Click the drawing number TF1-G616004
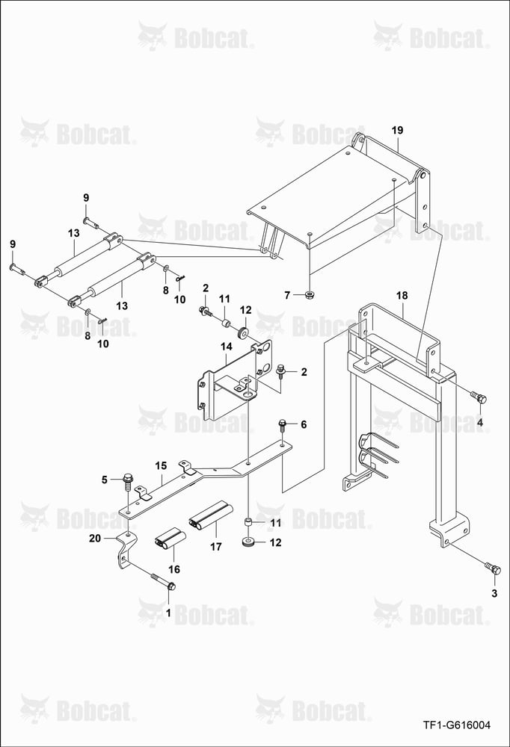(457, 725)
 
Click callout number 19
(397, 130)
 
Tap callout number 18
(402, 295)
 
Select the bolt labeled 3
(492, 568)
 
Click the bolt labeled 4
(479, 397)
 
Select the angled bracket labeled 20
(124, 553)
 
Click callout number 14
(226, 347)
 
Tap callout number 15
(161, 465)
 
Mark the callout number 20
(95, 538)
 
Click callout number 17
(216, 547)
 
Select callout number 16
(174, 568)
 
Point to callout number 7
(287, 295)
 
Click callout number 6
(304, 424)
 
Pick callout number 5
(105, 480)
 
